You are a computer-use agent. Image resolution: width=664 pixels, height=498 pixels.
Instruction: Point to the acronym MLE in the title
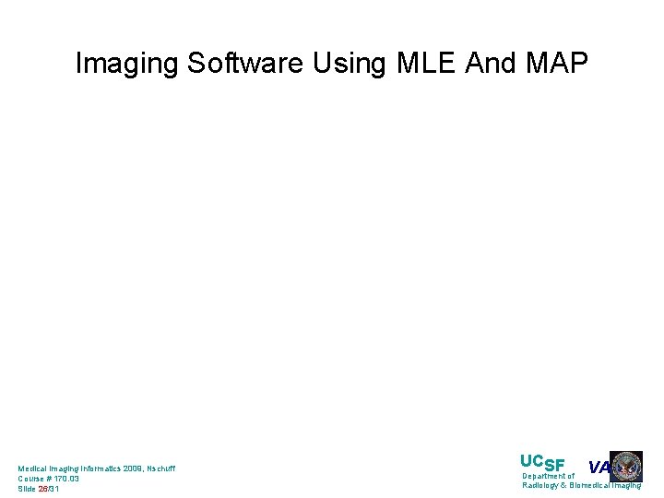coord(428,64)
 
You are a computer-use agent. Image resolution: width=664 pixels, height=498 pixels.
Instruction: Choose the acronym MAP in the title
coord(557,64)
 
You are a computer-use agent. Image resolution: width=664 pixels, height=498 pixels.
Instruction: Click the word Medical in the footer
coord(33,468)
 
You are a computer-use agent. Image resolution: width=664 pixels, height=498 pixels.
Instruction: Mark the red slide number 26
coord(43,489)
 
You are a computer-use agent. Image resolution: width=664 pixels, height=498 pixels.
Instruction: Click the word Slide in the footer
coord(27,489)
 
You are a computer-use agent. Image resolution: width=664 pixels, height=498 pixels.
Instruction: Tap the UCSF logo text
coord(542,463)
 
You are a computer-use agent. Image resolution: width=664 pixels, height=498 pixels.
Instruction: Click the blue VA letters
coord(599,468)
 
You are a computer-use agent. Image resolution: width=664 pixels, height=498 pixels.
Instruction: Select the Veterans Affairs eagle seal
coord(626,467)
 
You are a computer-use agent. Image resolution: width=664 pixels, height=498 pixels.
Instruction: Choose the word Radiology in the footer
coord(540,486)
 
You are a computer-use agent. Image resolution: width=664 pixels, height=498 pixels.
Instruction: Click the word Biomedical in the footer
coord(590,486)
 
